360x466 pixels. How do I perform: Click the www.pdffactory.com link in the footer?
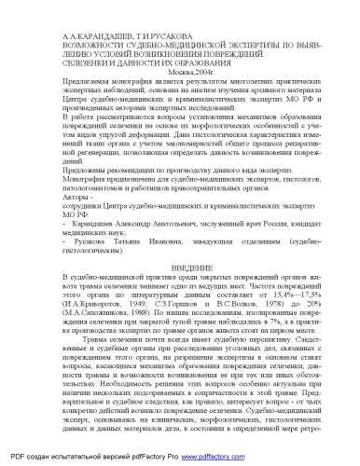point(213,459)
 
